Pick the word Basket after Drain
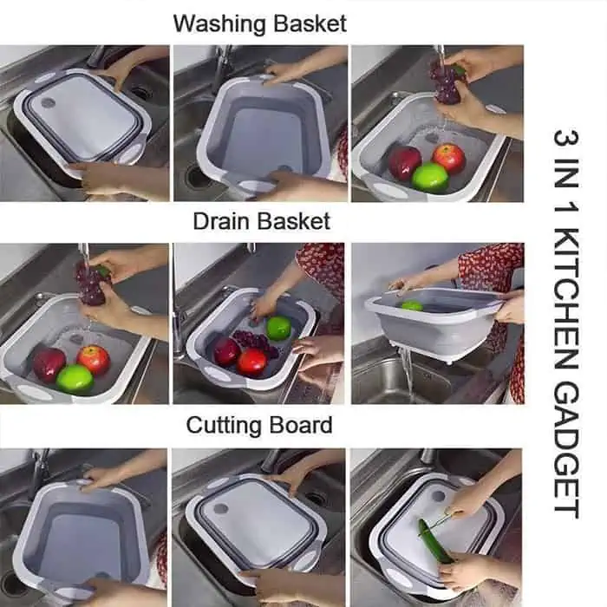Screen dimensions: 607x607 pyautogui.click(x=294, y=221)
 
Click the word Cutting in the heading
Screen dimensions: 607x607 pyautogui.click(x=224, y=426)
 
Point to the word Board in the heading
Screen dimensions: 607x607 pyautogui.click(x=301, y=425)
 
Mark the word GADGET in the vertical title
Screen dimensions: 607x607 pyautogui.click(x=566, y=451)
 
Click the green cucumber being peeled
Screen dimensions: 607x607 pyautogui.click(x=435, y=541)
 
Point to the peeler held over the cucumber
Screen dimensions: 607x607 pyautogui.click(x=441, y=521)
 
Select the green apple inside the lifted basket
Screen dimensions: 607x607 pyautogui.click(x=412, y=305)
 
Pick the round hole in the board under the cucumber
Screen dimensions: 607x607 pyautogui.click(x=438, y=496)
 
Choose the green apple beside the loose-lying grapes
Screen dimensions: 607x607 pyautogui.click(x=278, y=328)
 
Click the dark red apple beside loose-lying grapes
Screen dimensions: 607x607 pyautogui.click(x=226, y=351)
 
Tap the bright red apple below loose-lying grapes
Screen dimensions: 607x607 pyautogui.click(x=252, y=362)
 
